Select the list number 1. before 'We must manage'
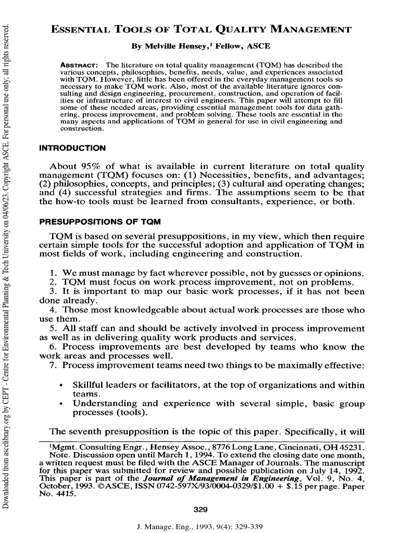tap(54, 273)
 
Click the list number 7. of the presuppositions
tap(54, 366)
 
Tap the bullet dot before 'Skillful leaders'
tap(62, 386)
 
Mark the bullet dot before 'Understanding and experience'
tap(62, 404)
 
